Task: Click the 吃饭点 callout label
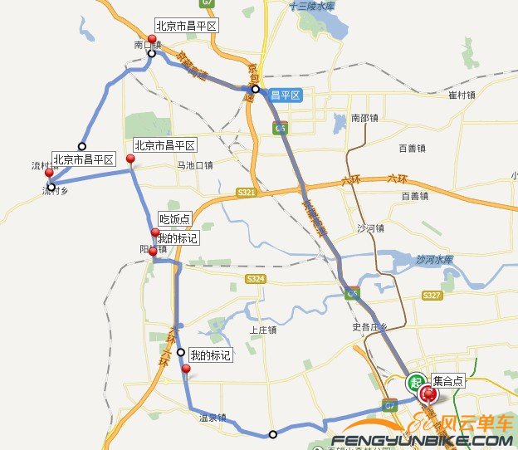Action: pos(174,219)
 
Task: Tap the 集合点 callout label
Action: pos(448,381)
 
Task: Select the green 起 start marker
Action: pos(414,383)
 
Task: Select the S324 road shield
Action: pos(255,279)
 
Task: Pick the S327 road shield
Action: pos(432,296)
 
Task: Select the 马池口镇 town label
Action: pos(194,165)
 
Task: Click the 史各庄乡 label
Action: pos(369,326)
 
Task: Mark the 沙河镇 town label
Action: pos(370,228)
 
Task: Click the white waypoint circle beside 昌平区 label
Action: pos(256,90)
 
